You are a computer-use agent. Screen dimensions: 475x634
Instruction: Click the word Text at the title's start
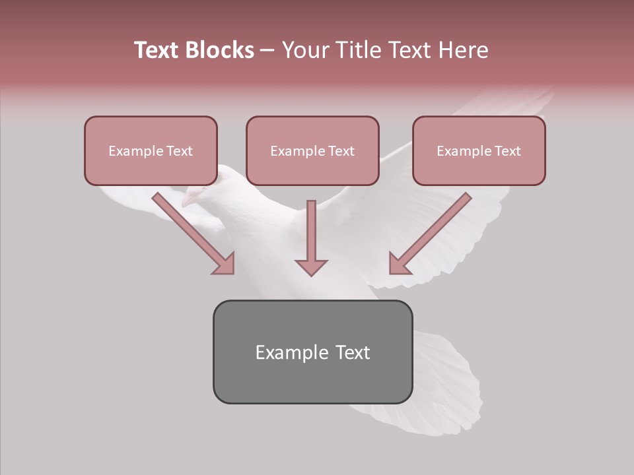click(x=157, y=50)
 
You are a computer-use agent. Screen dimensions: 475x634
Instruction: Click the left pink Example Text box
click(x=151, y=150)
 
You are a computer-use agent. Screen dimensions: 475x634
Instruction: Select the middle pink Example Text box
click(x=312, y=150)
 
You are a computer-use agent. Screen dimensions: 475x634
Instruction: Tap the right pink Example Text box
click(x=479, y=150)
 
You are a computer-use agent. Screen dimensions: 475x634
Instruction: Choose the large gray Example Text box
click(x=312, y=352)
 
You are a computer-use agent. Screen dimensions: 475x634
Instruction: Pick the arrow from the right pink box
click(x=433, y=231)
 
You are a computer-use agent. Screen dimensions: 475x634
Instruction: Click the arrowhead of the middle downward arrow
click(x=311, y=267)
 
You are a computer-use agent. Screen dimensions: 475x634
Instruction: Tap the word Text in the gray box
click(x=353, y=352)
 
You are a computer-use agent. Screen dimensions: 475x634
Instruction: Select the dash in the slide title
click(x=267, y=51)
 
